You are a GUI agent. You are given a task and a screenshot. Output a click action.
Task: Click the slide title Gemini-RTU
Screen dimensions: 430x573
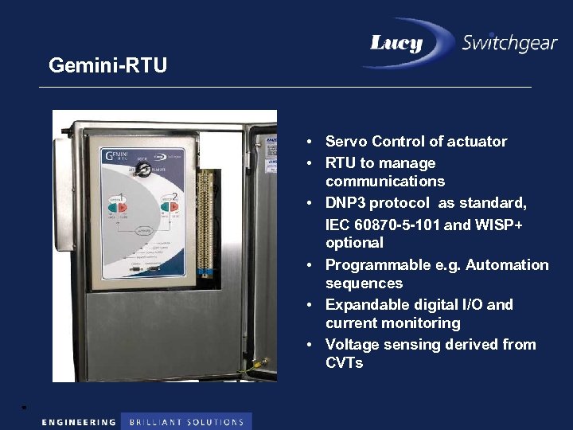pyautogui.click(x=107, y=64)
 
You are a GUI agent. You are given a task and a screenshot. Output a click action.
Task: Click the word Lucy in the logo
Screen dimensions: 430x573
pyautogui.click(x=396, y=43)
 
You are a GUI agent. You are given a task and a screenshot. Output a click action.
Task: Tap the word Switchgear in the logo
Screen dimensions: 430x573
pyautogui.click(x=509, y=43)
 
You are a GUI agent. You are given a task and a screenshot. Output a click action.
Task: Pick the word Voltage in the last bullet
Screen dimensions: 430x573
pyautogui.click(x=353, y=345)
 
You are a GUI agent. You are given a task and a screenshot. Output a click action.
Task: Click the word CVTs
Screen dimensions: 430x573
pyautogui.click(x=344, y=363)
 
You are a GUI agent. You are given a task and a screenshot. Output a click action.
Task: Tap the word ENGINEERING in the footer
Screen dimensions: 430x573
pyautogui.click(x=79, y=422)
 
